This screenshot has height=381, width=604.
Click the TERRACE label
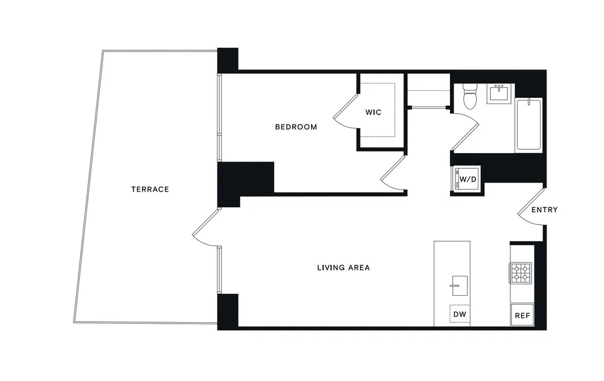point(150,189)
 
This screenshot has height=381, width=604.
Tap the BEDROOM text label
point(296,127)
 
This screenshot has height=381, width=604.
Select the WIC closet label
point(373,112)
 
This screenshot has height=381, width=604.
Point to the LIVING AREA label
point(343,267)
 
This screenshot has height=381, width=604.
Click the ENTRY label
point(544,210)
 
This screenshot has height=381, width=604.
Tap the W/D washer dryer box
point(466,180)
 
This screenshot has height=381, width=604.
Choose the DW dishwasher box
point(460,314)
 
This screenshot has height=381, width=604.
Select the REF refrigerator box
point(521,315)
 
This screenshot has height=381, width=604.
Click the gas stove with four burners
point(521,273)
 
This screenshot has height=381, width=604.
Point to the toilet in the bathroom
point(469,96)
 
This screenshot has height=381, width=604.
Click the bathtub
point(529,125)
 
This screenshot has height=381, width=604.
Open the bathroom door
point(466,129)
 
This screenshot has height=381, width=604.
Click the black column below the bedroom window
point(245,178)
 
